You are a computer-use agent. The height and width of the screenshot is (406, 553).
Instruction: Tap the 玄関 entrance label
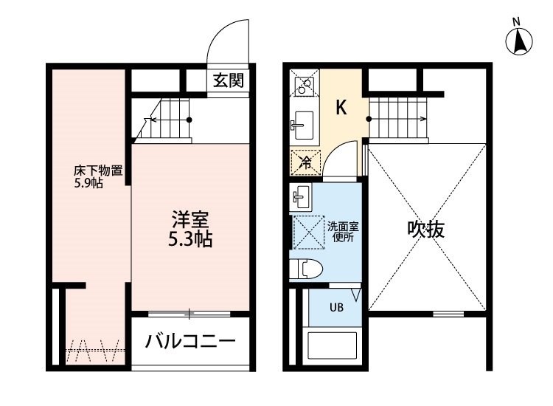(x=229, y=81)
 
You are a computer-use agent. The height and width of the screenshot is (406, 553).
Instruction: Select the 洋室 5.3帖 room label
(x=190, y=229)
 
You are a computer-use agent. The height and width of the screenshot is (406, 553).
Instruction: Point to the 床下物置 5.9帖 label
(x=98, y=177)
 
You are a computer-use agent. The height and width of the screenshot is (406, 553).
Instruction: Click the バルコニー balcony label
(x=190, y=341)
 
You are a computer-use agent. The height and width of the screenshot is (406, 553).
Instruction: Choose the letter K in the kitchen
(x=341, y=107)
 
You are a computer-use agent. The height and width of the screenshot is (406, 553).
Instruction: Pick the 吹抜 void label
(x=426, y=230)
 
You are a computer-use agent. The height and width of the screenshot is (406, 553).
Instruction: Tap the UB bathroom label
(x=336, y=308)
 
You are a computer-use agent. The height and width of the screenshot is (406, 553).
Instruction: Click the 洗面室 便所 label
(x=343, y=232)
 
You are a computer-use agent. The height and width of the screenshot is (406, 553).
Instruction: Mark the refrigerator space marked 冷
(x=305, y=162)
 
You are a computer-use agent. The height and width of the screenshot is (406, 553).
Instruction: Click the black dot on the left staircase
(x=189, y=120)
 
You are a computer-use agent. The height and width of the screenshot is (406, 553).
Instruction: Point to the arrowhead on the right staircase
(x=425, y=119)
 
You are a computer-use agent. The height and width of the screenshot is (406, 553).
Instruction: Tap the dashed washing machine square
(x=309, y=233)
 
